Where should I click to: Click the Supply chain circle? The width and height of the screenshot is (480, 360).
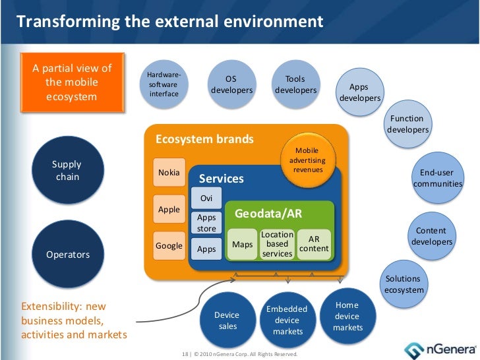click(x=67, y=169)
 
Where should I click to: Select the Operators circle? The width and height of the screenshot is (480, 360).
click(x=67, y=254)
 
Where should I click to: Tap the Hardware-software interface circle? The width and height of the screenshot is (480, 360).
click(x=164, y=85)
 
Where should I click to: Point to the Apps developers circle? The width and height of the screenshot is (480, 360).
click(x=359, y=93)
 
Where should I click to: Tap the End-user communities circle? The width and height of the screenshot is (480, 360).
click(x=436, y=177)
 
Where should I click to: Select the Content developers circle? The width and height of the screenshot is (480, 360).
click(x=431, y=236)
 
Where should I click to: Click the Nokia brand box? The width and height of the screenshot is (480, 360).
click(x=169, y=173)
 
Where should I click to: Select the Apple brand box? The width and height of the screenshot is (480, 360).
click(x=169, y=210)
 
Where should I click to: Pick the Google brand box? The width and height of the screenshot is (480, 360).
click(x=169, y=246)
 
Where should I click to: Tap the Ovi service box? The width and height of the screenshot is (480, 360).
click(x=206, y=198)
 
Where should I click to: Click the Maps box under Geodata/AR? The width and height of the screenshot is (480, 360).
click(x=243, y=245)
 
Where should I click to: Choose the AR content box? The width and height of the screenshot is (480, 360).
click(x=313, y=244)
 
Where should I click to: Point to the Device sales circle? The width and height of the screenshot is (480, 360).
click(x=227, y=320)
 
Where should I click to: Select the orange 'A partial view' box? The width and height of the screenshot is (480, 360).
click(x=72, y=82)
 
